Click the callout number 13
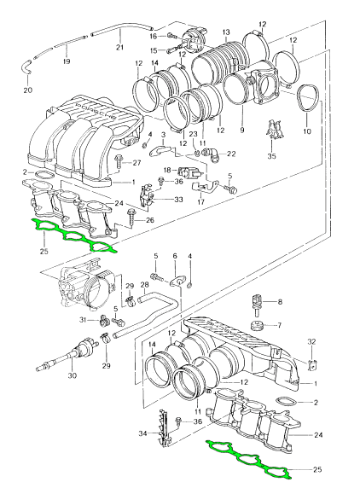(226, 32)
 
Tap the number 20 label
(27, 90)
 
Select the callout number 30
(72, 375)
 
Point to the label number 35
(271, 156)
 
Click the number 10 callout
(307, 131)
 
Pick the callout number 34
(143, 433)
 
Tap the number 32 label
(311, 341)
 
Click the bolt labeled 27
(119, 162)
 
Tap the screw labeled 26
(131, 219)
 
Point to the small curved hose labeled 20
(26, 67)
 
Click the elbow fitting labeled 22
(211, 154)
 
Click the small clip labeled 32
(312, 364)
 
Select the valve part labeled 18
(189, 171)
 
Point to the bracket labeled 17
(205, 186)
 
